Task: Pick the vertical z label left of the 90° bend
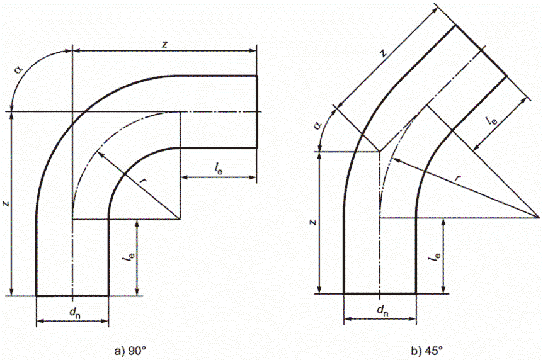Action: click(6, 203)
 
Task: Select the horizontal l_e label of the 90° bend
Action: click(218, 168)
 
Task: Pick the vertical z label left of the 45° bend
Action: click(313, 222)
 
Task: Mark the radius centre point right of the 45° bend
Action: click(540, 218)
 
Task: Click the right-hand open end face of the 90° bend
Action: click(257, 111)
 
